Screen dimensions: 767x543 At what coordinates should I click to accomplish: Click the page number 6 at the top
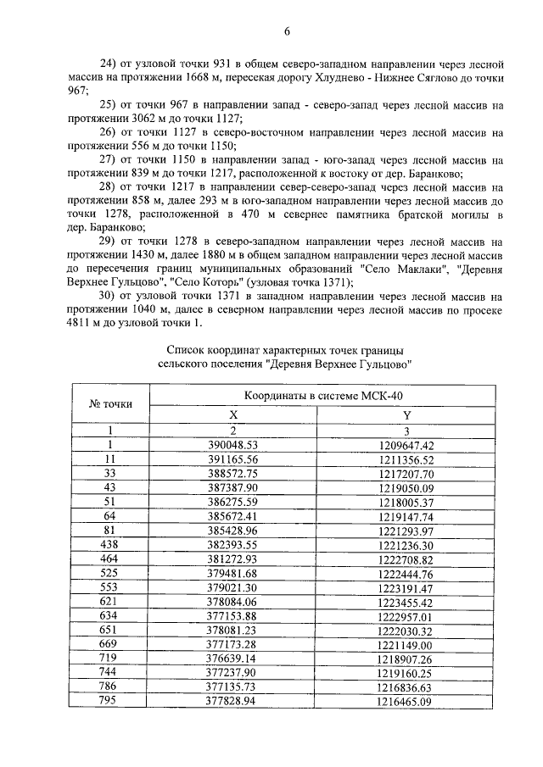[287, 31]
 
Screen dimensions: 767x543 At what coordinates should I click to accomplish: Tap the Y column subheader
[406, 414]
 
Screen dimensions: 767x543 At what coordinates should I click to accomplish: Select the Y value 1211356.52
[406, 459]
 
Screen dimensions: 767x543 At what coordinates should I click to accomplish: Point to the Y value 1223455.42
[406, 602]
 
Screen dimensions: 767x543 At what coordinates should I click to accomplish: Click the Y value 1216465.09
[406, 702]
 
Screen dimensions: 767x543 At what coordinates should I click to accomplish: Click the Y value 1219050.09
[406, 487]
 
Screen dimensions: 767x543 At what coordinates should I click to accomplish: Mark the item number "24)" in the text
[110, 64]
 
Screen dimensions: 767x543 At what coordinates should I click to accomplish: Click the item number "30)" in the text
[110, 297]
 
